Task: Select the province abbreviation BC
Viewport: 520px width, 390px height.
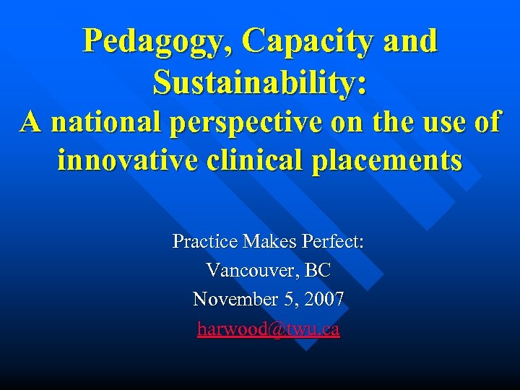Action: pyautogui.click(x=318, y=271)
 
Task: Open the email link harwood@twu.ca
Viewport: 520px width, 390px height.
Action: pyautogui.click(x=268, y=329)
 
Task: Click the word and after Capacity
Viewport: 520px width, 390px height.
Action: pyautogui.click(x=411, y=42)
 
